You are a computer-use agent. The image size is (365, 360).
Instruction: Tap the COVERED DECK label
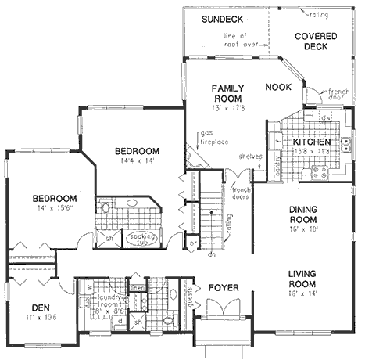click(317, 41)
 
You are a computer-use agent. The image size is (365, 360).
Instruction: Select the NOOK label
click(278, 87)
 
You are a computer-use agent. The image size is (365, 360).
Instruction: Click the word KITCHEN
click(311, 142)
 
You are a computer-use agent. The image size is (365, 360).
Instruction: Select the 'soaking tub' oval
click(142, 237)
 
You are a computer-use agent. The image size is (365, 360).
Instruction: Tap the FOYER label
click(224, 288)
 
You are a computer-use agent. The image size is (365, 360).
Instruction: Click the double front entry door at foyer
click(221, 311)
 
